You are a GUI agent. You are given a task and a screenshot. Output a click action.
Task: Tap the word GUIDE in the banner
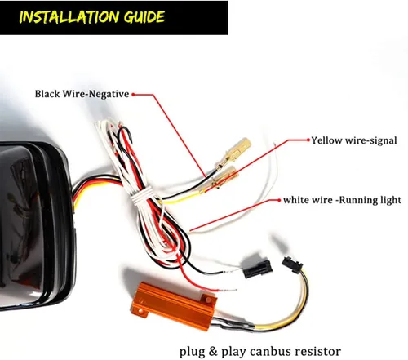point(144,17)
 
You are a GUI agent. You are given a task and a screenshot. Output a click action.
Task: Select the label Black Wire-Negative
point(82,94)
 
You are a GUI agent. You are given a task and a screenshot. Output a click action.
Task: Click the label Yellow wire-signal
point(354,140)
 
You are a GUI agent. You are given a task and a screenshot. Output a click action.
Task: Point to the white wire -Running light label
point(342,200)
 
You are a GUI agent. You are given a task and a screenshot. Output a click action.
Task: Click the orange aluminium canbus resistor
point(174,304)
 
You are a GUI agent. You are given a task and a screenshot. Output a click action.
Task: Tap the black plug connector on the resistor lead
point(292,265)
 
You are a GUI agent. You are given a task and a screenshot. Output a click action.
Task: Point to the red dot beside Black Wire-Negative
point(133,95)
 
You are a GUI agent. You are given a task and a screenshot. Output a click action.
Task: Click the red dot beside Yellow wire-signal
point(308,140)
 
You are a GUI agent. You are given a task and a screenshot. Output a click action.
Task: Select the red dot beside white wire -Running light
point(279,200)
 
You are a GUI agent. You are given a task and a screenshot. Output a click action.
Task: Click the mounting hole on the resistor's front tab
point(140,311)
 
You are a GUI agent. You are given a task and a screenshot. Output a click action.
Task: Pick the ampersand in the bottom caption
point(213,351)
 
